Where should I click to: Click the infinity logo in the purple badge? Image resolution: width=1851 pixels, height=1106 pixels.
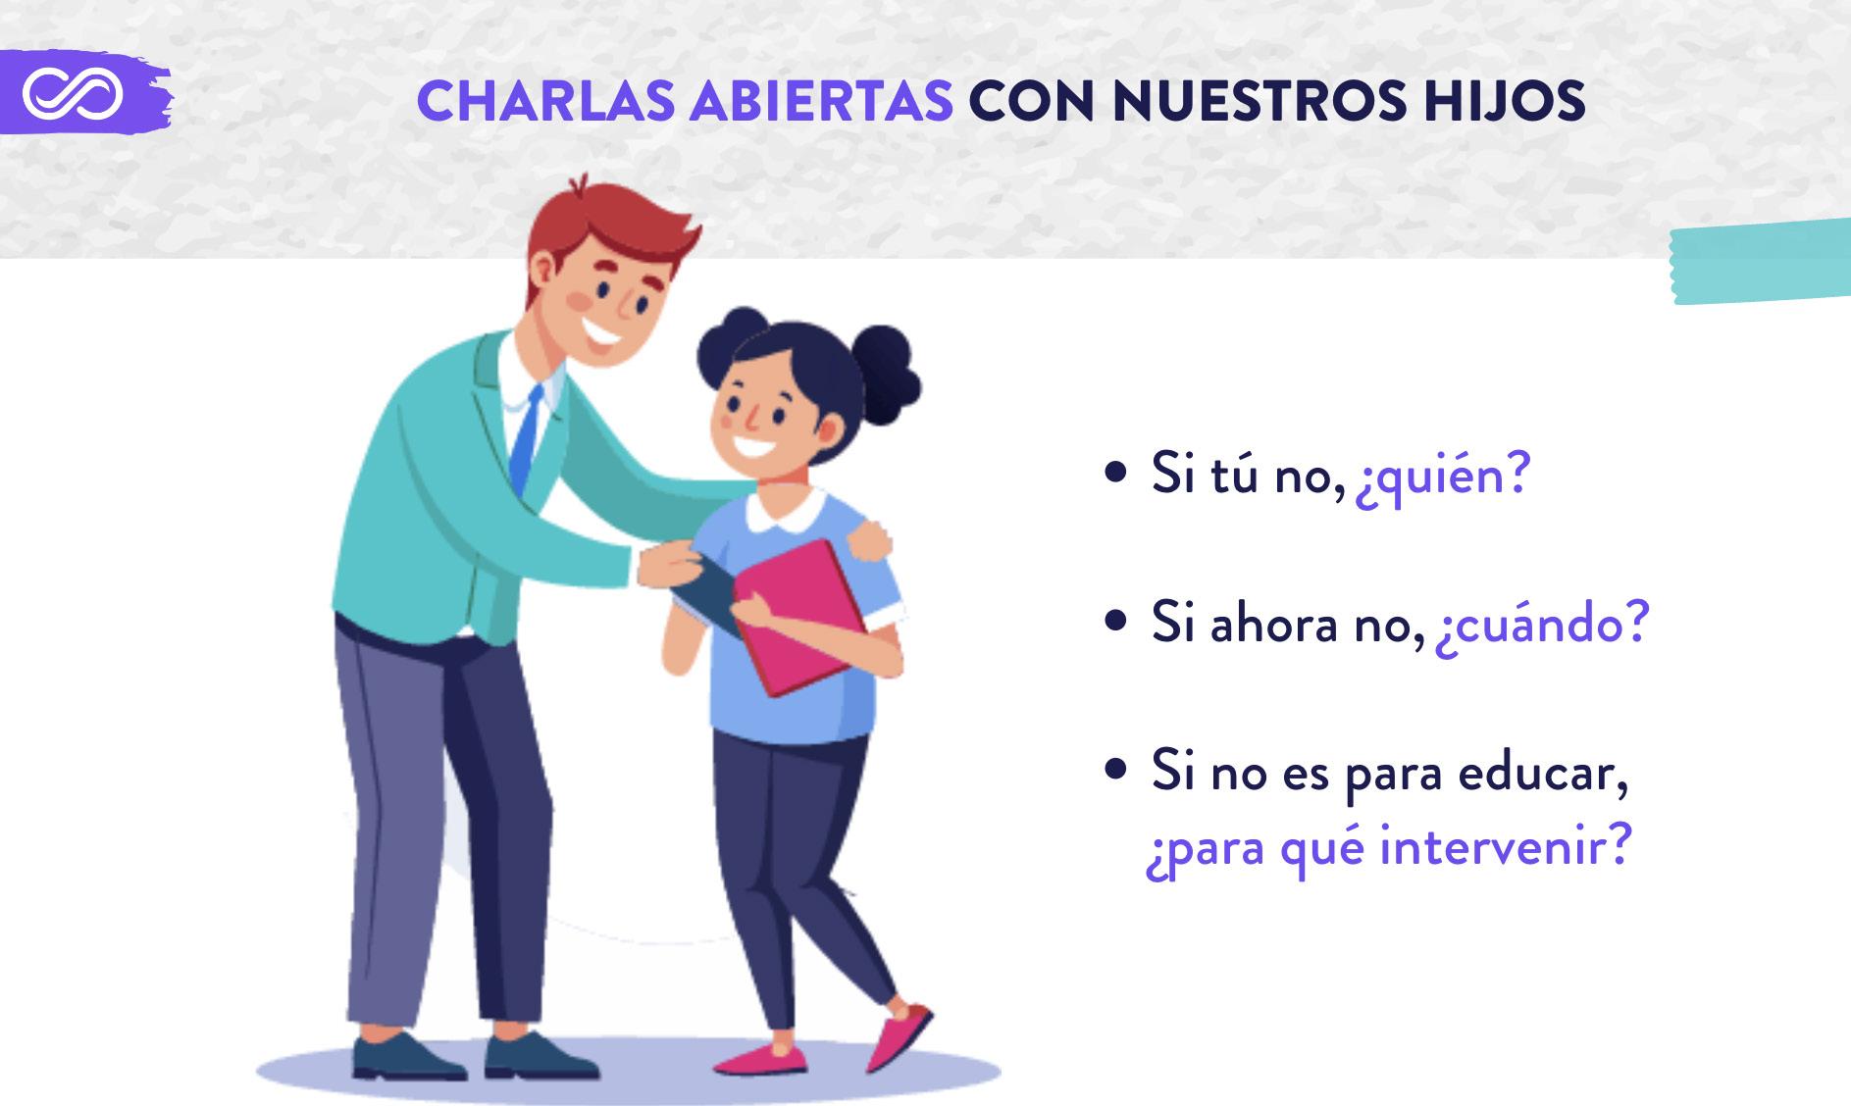(x=73, y=93)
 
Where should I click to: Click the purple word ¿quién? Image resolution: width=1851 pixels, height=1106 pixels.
(x=1442, y=477)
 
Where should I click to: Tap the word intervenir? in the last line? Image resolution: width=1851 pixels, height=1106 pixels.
(x=1504, y=844)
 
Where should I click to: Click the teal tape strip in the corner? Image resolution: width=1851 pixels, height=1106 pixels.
(x=1761, y=261)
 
